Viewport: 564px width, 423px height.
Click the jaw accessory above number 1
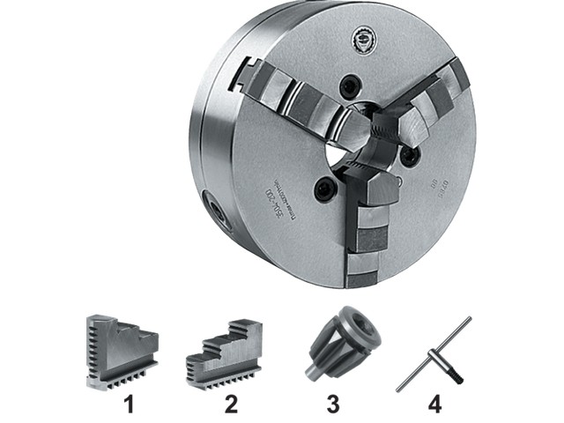click(x=121, y=351)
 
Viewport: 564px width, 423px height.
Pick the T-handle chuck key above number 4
click(x=431, y=353)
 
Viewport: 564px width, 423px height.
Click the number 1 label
click(x=128, y=406)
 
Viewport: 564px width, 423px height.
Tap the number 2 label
click(x=230, y=406)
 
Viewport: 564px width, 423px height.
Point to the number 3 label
click(x=332, y=406)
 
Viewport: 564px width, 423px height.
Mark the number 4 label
click(x=434, y=406)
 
